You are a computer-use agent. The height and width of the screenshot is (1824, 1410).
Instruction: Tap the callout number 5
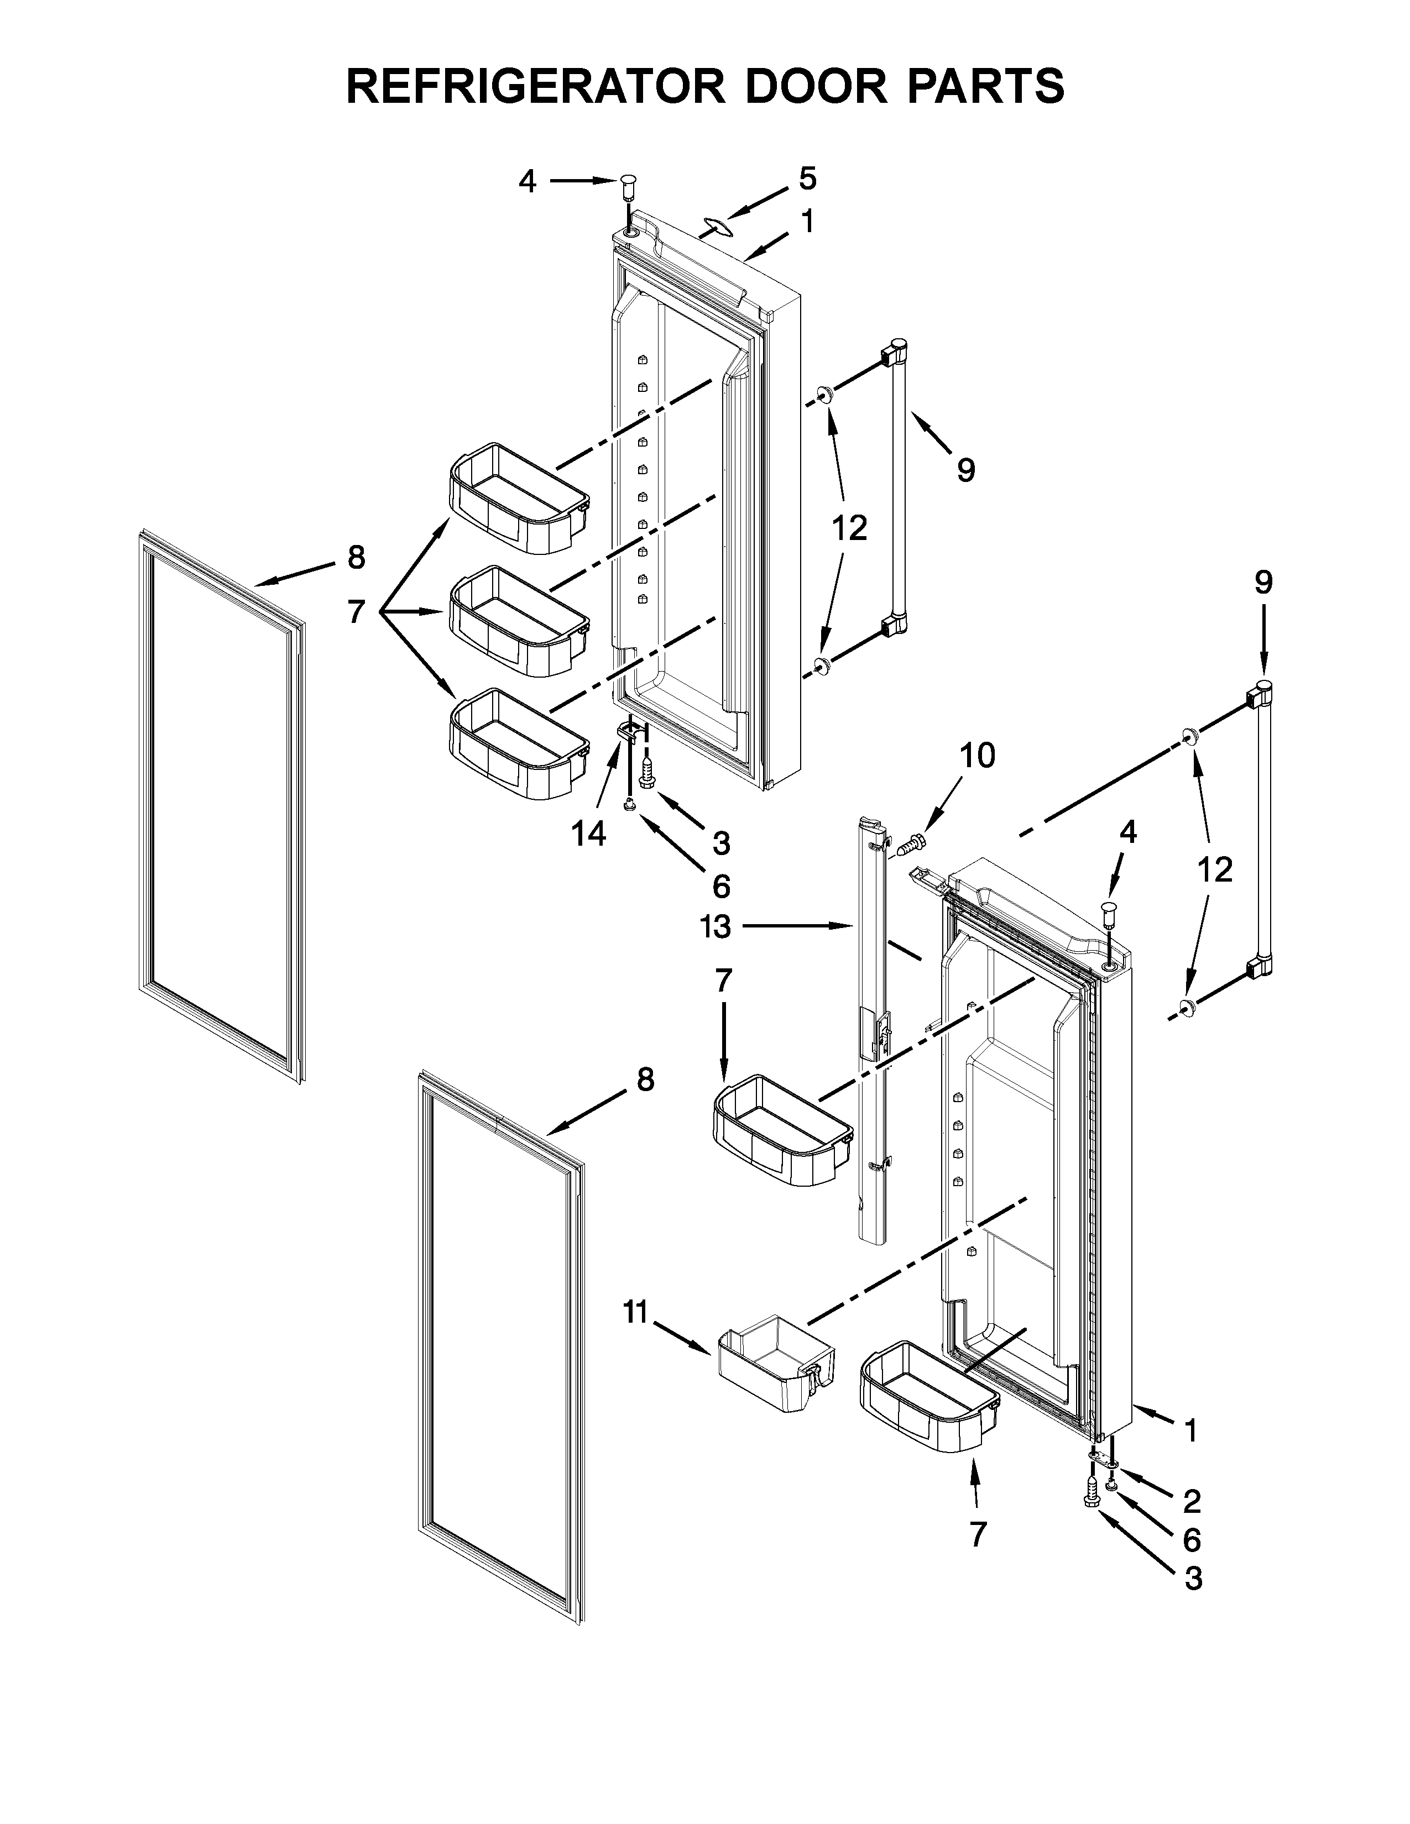point(807,178)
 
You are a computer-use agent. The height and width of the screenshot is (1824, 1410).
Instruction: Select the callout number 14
point(589,834)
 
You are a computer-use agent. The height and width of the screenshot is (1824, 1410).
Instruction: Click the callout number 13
point(717,926)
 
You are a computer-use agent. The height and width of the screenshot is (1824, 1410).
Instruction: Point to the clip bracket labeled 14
point(631,732)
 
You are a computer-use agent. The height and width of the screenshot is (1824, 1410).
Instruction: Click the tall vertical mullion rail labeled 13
point(872,1036)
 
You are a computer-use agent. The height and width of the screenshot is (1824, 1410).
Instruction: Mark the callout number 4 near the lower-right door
point(1127,832)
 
